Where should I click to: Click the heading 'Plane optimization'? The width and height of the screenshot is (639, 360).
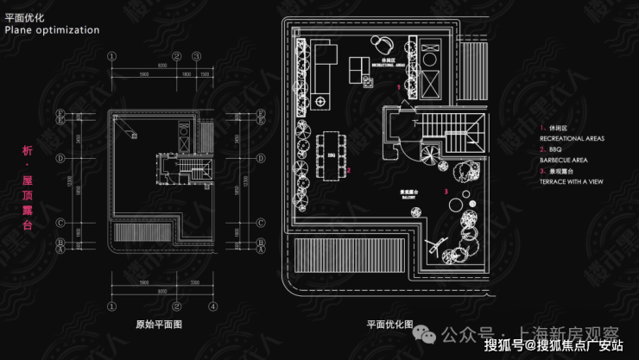[x=52, y=29]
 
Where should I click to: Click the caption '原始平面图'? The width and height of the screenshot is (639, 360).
[x=159, y=325]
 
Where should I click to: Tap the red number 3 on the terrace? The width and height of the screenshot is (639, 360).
[x=446, y=191]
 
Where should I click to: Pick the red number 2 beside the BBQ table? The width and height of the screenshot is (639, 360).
[x=349, y=170]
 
